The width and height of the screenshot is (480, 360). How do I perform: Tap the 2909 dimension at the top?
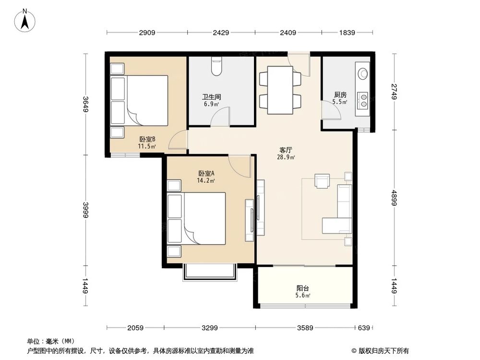click(147, 33)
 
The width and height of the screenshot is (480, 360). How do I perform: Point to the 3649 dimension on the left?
click(86, 105)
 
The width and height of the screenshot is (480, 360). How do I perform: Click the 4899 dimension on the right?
click(395, 197)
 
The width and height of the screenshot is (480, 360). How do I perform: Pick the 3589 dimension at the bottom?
click(305, 328)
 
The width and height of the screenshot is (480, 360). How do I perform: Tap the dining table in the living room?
click(280, 90)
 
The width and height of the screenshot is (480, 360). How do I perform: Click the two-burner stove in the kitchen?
click(363, 99)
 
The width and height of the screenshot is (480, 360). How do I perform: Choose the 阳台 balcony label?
click(302, 288)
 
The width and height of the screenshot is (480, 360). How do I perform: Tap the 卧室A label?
click(206, 173)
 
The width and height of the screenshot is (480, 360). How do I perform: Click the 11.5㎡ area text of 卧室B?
click(147, 146)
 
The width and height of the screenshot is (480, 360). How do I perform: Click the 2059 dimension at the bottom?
click(136, 328)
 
